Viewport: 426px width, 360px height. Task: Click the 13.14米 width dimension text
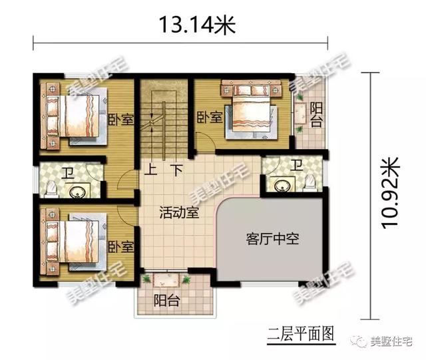[x=188, y=25]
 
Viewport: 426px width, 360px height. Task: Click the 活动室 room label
[x=177, y=213]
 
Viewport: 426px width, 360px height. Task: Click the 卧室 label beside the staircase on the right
[x=210, y=118]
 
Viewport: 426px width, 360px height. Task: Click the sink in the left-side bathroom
[x=78, y=191]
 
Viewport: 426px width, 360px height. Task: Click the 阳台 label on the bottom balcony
[x=166, y=300]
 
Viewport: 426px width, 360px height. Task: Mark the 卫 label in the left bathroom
[x=69, y=174]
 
